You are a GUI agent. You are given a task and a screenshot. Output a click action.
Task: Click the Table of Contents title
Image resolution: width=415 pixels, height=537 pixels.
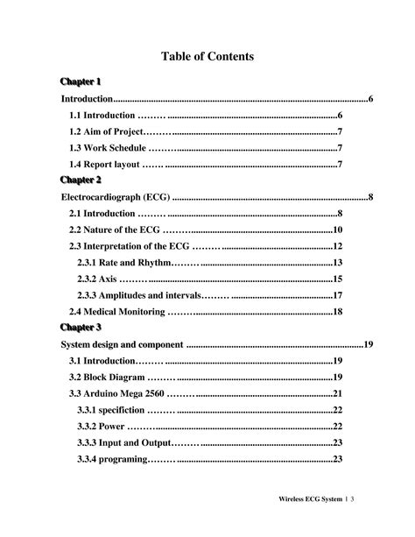pos(207,56)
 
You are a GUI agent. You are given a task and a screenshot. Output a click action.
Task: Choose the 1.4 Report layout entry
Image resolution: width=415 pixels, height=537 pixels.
pos(105,164)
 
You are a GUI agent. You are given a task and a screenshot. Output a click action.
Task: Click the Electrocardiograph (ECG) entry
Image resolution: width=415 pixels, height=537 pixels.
pos(115,196)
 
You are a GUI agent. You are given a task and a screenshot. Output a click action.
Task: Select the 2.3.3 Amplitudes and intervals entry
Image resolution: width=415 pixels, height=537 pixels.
pos(138,295)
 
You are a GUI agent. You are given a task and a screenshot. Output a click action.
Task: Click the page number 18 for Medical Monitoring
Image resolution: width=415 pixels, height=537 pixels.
pos(336,311)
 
